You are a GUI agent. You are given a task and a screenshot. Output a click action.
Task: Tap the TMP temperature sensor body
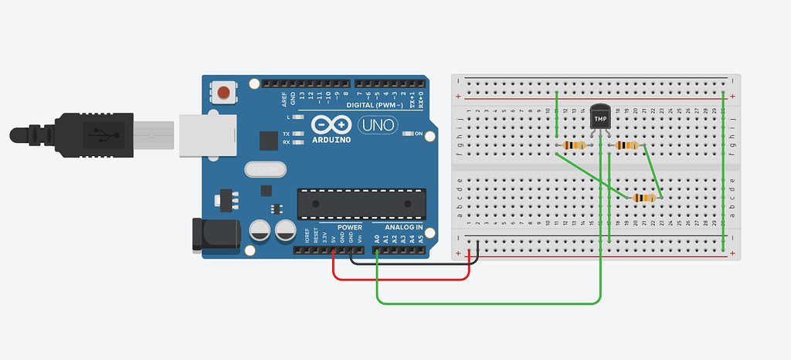600,118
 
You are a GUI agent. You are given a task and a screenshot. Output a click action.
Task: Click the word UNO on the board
379,124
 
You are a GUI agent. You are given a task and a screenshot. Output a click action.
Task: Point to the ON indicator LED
409,134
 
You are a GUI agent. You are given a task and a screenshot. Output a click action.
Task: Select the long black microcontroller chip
361,202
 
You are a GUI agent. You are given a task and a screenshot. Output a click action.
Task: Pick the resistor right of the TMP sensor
626,145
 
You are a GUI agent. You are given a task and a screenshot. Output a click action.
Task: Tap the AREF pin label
284,98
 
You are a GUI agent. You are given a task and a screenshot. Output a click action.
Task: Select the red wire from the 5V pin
402,279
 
